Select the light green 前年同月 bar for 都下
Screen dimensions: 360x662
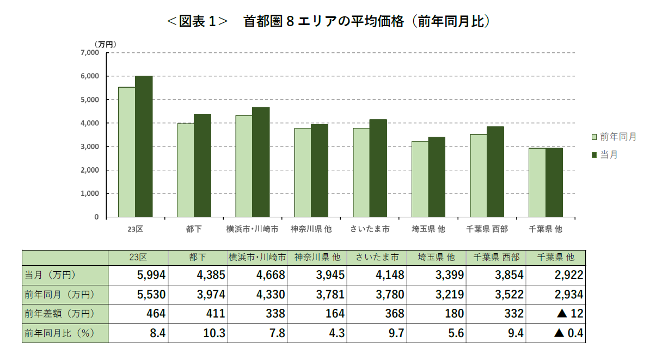[x=186, y=170]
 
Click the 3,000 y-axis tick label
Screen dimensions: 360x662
[x=90, y=147]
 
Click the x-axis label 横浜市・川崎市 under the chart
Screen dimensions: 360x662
[x=252, y=229]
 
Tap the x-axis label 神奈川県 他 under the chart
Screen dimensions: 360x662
[x=311, y=229]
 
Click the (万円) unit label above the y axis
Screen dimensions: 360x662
[x=106, y=44]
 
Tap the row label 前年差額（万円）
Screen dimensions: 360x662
[x=59, y=314]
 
